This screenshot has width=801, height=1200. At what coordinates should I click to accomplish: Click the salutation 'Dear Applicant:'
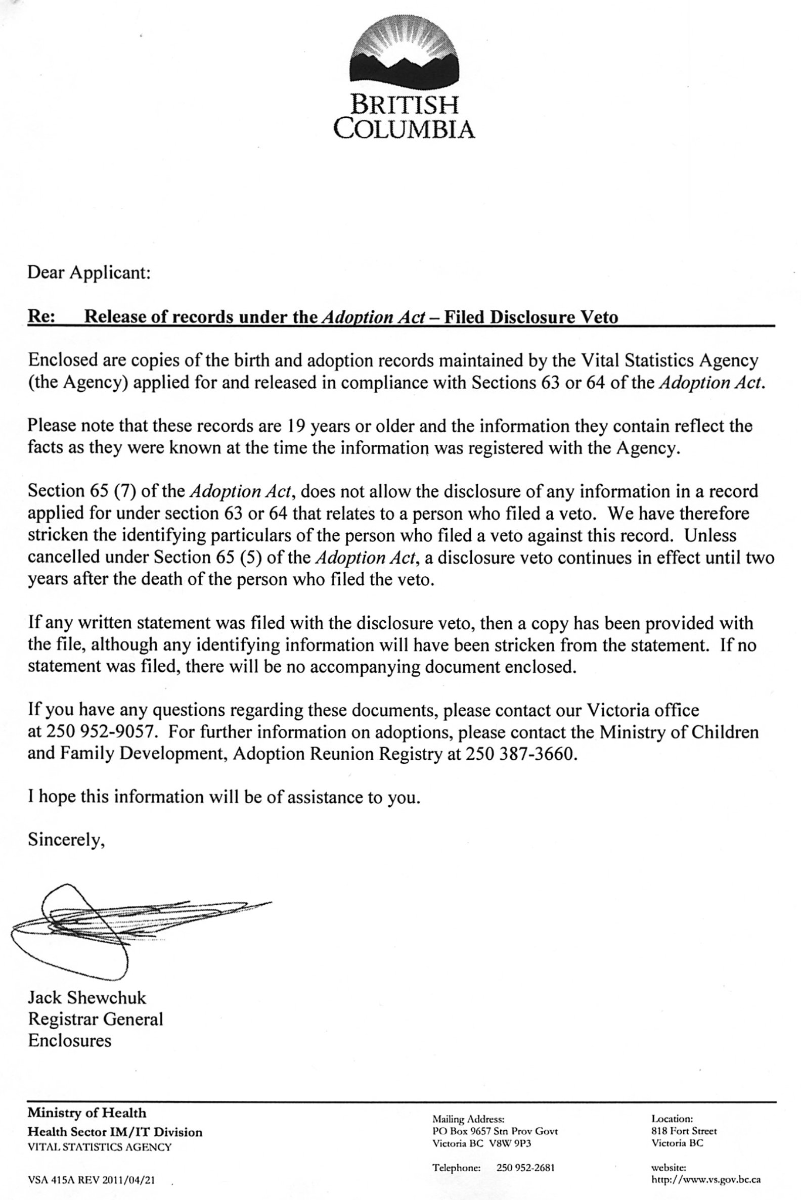(x=89, y=272)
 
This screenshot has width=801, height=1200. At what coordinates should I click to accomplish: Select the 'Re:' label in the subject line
(x=41, y=316)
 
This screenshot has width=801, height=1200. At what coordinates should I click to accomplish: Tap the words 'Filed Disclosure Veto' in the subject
(x=531, y=317)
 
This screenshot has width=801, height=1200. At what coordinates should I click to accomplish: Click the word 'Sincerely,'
(x=66, y=840)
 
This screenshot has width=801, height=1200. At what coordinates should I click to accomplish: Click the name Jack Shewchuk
(x=87, y=997)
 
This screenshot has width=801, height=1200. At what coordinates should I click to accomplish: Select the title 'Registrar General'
(x=96, y=1019)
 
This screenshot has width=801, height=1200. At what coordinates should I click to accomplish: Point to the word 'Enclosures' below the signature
(x=69, y=1041)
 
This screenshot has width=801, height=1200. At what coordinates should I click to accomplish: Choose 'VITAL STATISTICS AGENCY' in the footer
(x=100, y=1147)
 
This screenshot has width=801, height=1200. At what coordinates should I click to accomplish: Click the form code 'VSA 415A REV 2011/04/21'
(x=92, y=1180)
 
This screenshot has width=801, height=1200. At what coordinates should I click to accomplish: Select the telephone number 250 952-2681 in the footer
(x=525, y=1167)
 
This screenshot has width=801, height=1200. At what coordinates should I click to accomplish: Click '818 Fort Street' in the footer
(x=684, y=1131)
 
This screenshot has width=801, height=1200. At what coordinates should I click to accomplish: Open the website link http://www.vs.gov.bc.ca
(x=706, y=1180)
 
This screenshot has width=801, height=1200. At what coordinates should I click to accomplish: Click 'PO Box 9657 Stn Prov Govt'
(x=495, y=1131)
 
